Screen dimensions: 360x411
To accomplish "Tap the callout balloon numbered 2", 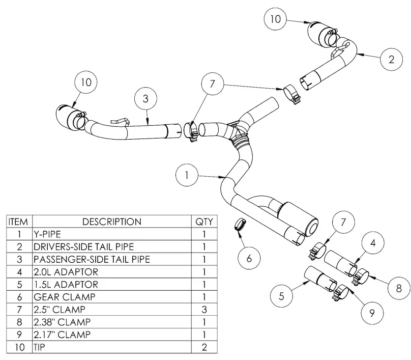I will point(391,59).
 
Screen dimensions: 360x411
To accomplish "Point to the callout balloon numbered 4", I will point(373,244).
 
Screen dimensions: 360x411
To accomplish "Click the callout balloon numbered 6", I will point(249,258).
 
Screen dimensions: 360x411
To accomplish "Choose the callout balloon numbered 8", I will point(397,288).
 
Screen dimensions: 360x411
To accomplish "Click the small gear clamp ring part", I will point(240,224).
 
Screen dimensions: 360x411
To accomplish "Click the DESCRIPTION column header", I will point(112,221).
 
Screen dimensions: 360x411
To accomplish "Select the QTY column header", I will point(204,221).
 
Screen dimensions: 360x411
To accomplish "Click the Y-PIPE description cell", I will point(112,234).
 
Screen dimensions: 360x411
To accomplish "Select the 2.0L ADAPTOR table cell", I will point(112,272).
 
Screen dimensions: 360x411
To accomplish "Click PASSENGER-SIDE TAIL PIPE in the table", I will point(112,259).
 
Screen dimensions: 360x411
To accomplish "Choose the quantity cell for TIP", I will point(204,348).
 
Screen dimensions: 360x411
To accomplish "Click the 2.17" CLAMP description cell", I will point(112,335).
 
